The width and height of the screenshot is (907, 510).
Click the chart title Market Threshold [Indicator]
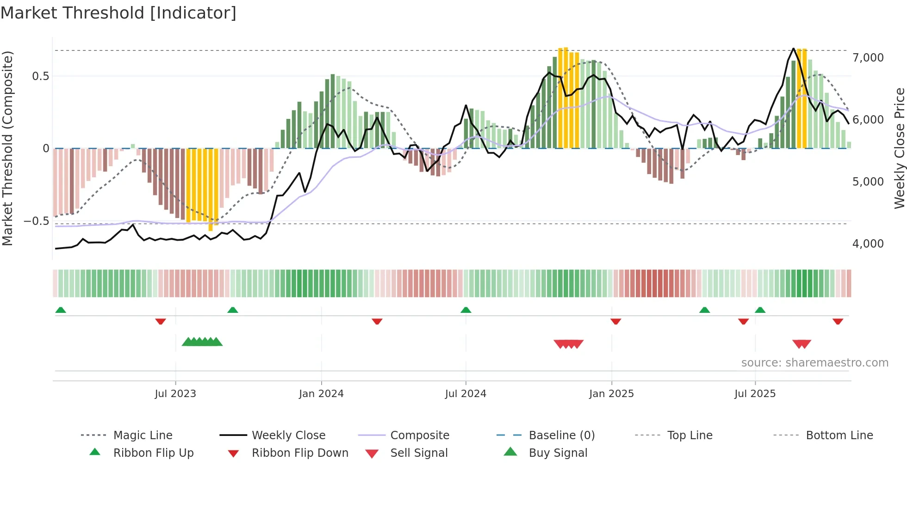118,13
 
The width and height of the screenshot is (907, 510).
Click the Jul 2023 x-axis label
175,394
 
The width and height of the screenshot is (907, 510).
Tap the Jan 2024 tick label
321,394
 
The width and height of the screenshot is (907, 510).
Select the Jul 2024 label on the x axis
466,394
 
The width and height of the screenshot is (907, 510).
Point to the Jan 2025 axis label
611,394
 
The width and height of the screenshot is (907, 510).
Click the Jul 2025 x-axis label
755,394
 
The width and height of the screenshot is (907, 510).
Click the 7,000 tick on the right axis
868,58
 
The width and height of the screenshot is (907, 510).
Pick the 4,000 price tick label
868,244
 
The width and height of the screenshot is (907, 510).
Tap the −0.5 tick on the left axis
37,221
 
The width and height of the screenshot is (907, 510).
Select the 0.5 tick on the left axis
41,76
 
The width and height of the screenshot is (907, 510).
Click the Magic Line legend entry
143,435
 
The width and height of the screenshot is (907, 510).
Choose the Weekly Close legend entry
288,435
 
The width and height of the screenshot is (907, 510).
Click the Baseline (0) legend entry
561,435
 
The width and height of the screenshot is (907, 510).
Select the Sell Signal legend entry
419,453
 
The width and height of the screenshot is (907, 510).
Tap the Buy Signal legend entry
558,453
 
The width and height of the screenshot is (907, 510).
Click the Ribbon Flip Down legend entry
300,453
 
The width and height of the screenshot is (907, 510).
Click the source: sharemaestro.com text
814,363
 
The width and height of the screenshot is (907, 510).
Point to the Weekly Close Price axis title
899,148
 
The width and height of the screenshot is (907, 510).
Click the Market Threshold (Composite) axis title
7,148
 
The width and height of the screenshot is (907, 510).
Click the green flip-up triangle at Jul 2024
466,310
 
